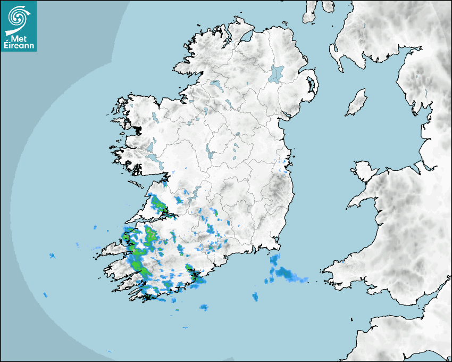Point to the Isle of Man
point(357,102)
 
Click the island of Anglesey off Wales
point(364,170)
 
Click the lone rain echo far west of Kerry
point(52,256)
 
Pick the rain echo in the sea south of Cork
point(204,307)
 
